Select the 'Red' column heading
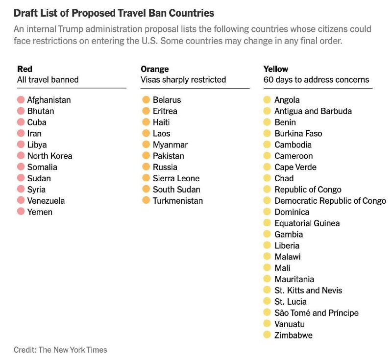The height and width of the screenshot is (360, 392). point(24,69)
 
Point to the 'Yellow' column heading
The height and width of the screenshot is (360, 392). point(276,69)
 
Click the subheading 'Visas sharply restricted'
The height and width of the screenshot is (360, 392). point(183,79)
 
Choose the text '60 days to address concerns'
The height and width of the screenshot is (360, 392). point(316,79)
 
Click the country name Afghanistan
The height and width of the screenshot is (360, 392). point(49,100)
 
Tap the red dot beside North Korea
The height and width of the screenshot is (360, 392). point(21,156)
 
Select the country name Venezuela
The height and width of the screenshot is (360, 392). point(46,201)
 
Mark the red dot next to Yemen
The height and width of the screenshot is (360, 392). point(21,212)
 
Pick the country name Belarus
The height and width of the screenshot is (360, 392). point(167,100)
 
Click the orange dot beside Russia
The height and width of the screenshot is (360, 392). point(146,167)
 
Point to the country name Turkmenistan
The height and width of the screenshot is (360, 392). point(177,201)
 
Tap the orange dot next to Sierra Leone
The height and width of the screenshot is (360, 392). point(146,178)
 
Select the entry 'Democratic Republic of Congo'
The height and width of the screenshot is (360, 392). point(330,201)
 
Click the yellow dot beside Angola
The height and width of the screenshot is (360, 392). point(267,100)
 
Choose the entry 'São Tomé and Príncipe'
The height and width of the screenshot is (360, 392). point(317,313)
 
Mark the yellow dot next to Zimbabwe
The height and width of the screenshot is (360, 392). point(267,335)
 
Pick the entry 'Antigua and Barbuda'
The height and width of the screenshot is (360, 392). point(313,111)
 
